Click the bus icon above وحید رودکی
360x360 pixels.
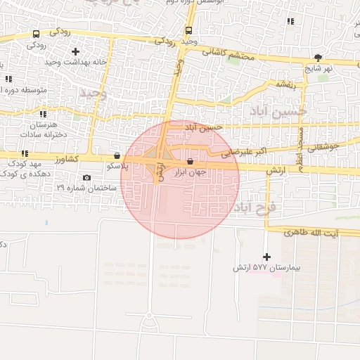pos(188,30)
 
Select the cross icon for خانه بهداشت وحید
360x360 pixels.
pos(75,51)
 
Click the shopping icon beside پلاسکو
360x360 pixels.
pos(117,156)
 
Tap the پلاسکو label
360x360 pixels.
pos(117,167)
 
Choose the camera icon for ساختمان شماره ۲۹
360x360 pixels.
pos(86,178)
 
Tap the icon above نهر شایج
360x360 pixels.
pos(319,58)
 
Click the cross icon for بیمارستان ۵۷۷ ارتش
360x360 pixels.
pos(266,257)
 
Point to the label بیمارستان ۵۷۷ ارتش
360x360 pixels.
pos(262,269)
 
